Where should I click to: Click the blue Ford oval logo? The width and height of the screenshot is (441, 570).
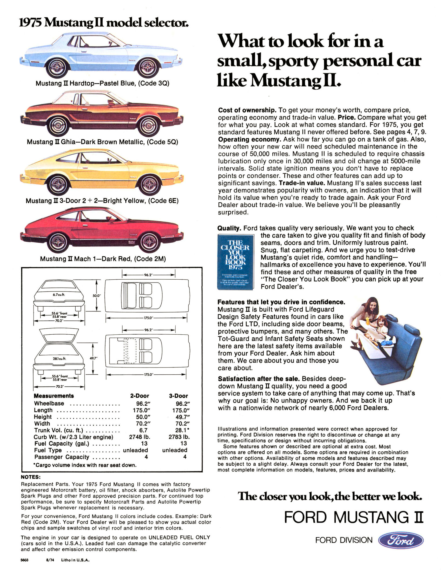click(x=401, y=540)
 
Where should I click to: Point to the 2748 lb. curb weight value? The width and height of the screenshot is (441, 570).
click(x=139, y=437)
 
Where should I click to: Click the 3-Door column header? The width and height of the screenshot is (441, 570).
click(x=178, y=396)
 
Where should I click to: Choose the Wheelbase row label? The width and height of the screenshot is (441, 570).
click(x=49, y=403)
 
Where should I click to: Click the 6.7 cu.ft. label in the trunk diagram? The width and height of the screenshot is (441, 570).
click(x=59, y=295)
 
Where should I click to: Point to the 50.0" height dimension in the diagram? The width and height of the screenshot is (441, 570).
click(x=96, y=296)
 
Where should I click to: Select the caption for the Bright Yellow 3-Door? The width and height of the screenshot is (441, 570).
click(x=102, y=201)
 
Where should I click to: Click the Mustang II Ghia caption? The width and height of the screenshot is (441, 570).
click(x=102, y=142)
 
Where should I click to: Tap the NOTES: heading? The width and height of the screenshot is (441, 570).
click(x=31, y=477)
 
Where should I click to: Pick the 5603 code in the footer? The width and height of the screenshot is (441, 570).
click(x=25, y=560)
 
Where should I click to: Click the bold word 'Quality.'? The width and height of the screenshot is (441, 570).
click(x=229, y=228)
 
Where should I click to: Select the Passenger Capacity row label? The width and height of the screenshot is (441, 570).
click(x=62, y=457)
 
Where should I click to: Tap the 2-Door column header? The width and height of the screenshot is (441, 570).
click(x=139, y=396)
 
